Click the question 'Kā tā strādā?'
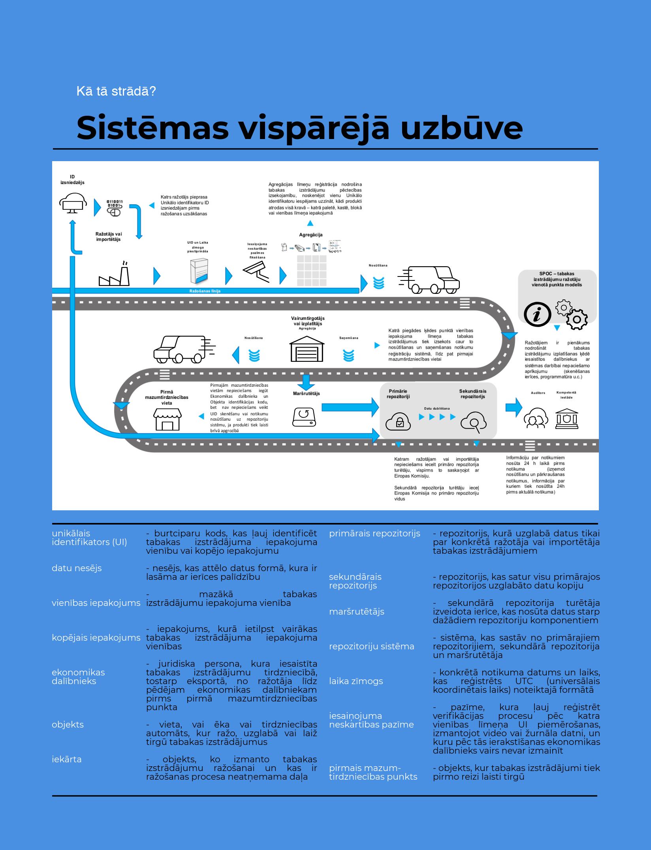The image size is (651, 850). coord(116,91)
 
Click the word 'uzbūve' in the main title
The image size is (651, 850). coord(461,128)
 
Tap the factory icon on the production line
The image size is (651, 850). coord(114,274)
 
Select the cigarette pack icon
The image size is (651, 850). coord(199,271)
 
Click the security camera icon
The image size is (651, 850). coord(256,272)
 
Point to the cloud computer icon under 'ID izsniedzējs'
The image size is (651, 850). coord(73,203)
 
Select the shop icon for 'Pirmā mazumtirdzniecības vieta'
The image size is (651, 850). coord(167,419)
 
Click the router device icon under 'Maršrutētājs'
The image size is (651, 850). coord(304,417)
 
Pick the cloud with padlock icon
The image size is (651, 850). coord(398,421)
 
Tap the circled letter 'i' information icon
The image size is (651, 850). coord(537,314)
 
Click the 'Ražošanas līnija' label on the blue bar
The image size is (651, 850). coord(205,291)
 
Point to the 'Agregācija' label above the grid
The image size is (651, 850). coord(310,235)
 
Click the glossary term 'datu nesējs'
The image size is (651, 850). coord(77,568)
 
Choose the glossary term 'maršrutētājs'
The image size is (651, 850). coord(356,611)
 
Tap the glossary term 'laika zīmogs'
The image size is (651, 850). coord(356,681)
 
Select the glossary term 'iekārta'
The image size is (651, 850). coord(66,759)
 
